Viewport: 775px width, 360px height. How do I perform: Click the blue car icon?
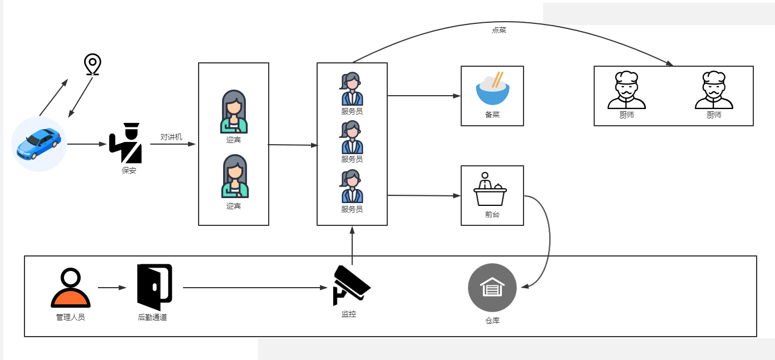tap(39, 144)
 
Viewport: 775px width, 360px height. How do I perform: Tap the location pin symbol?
tap(92, 65)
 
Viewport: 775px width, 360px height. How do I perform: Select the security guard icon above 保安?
tap(126, 142)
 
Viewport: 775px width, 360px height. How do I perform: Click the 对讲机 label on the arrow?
tap(171, 137)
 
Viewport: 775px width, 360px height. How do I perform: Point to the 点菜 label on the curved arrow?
tap(499, 30)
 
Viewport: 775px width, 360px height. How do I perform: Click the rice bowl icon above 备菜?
tap(493, 88)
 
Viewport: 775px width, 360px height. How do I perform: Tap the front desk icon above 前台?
tap(490, 189)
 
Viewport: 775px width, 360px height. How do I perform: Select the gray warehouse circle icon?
tap(492, 288)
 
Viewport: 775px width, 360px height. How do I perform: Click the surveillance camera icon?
tap(351, 285)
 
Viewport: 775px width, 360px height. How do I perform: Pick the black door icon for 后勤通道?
tap(155, 287)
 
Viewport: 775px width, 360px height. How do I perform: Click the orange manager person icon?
tap(71, 288)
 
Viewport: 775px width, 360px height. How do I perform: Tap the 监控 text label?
tap(349, 314)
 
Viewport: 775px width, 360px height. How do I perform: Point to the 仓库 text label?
tap(492, 321)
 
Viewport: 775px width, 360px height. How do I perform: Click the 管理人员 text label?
tap(71, 317)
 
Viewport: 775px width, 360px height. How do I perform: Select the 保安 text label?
tap(129, 170)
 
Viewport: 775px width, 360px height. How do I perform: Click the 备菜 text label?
tap(492, 115)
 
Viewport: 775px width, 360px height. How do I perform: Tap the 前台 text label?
tap(492, 215)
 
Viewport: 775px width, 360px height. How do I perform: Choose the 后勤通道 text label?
tap(152, 317)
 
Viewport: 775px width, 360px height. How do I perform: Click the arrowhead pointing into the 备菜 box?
tap(457, 96)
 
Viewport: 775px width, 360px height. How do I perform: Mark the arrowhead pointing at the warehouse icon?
tap(525, 286)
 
